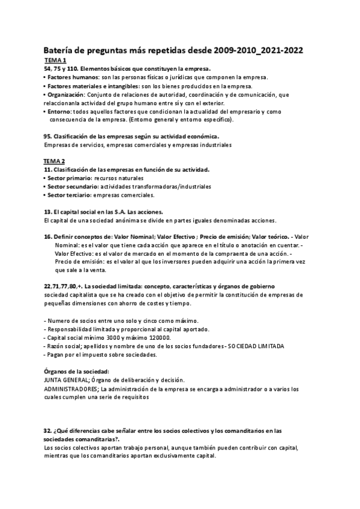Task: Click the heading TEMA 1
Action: coord(55,61)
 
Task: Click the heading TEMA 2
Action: coord(55,161)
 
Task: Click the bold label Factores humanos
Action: coord(74,78)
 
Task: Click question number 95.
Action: coord(49,136)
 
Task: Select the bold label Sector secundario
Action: coord(73,187)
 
